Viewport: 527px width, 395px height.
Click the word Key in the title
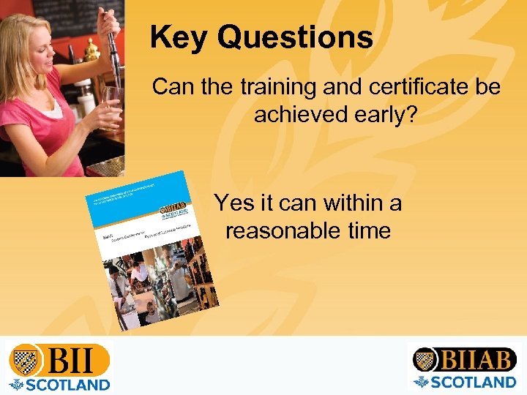(x=178, y=37)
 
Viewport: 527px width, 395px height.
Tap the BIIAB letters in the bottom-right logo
(x=477, y=359)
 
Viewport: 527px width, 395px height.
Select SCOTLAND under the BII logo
(x=70, y=383)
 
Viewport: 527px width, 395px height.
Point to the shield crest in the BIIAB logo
(x=425, y=359)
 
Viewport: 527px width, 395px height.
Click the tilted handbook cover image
(x=150, y=249)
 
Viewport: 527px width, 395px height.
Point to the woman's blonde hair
(x=37, y=37)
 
